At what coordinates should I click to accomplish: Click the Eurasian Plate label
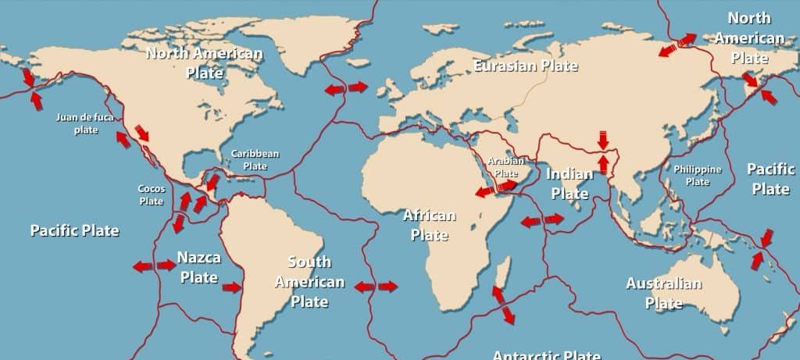click(526, 66)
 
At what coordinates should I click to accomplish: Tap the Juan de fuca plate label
click(86, 123)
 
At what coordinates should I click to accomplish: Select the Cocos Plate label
click(151, 195)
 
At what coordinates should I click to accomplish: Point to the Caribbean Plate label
click(255, 160)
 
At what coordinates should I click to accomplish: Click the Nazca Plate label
click(198, 266)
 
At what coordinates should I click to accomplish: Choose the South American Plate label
click(309, 281)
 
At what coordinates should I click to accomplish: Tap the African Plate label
click(425, 224)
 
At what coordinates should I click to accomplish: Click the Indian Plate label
click(570, 183)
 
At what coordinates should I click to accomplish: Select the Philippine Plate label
click(697, 176)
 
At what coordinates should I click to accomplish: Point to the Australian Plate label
click(663, 293)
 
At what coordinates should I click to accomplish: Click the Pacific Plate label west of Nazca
click(74, 230)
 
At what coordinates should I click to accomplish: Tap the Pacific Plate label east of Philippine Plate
click(770, 179)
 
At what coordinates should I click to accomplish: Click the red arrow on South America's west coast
click(232, 287)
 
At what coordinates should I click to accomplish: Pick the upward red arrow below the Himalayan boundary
click(602, 163)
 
